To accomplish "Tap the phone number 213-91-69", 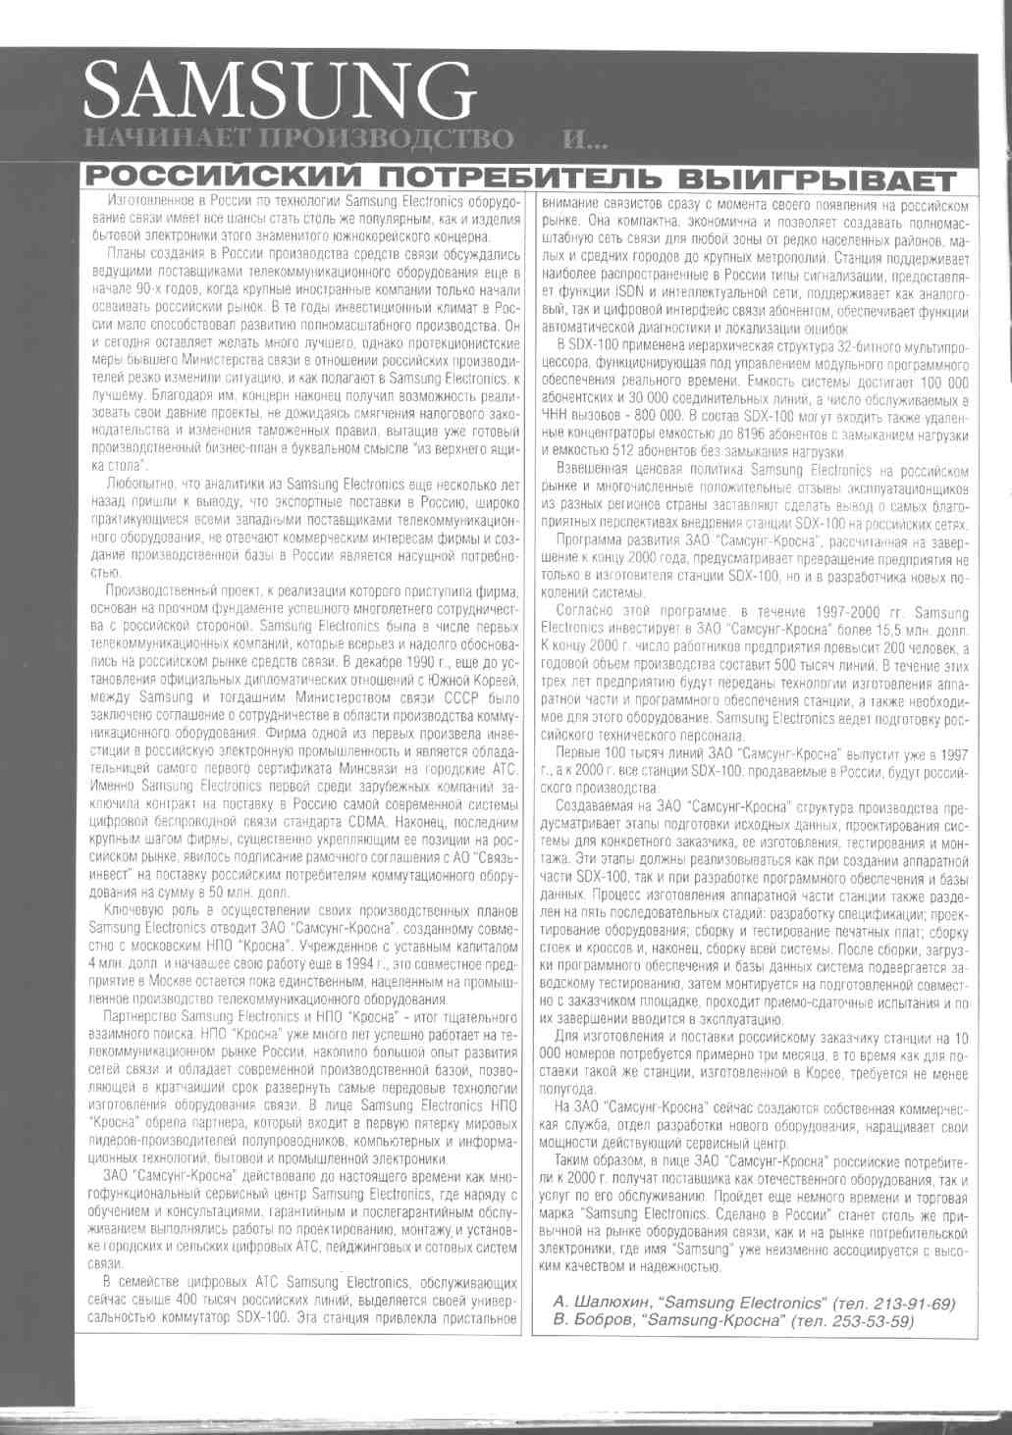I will (x=906, y=1303).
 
